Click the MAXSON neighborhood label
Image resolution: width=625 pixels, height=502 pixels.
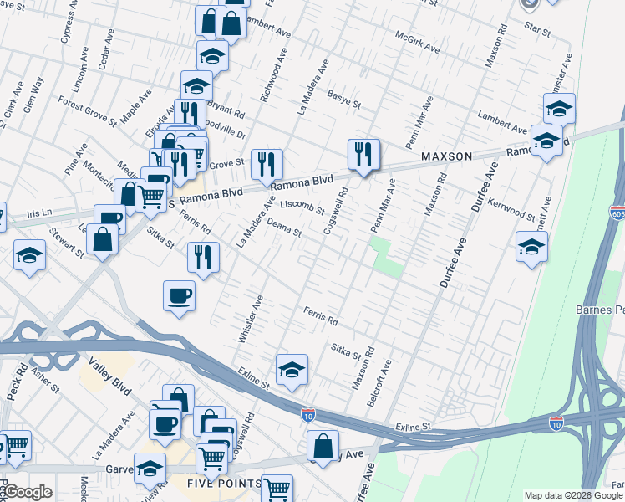(447, 156)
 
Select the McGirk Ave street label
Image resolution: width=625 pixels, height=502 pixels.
(418, 44)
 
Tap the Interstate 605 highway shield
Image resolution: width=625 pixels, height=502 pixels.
(617, 213)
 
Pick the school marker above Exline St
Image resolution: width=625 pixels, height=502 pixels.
(292, 368)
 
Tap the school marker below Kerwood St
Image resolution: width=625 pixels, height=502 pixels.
(531, 246)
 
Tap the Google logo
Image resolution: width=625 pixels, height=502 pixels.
(27, 492)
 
